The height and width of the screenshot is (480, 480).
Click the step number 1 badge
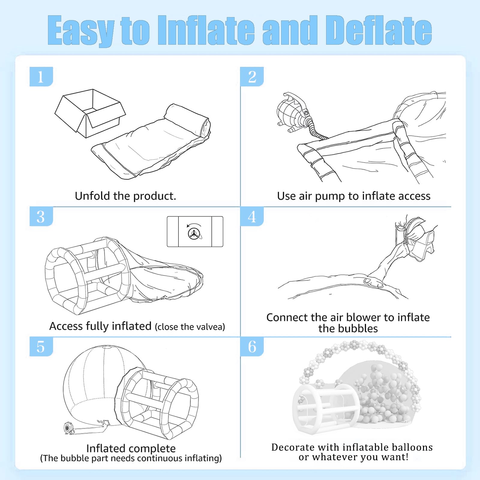(41, 76)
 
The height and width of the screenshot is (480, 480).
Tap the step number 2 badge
(252, 76)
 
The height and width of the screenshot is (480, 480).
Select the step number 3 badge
(41, 216)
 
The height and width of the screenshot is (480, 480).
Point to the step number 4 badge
(252, 216)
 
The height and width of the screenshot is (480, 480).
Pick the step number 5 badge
(41, 346)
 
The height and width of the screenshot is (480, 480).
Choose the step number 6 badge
(252, 346)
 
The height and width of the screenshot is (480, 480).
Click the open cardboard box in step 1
(90, 113)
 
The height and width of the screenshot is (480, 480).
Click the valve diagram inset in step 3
(195, 232)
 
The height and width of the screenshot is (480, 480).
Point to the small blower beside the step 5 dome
(68, 428)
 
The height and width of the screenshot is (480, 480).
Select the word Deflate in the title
(379, 30)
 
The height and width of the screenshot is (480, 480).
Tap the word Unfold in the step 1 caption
(92, 196)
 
